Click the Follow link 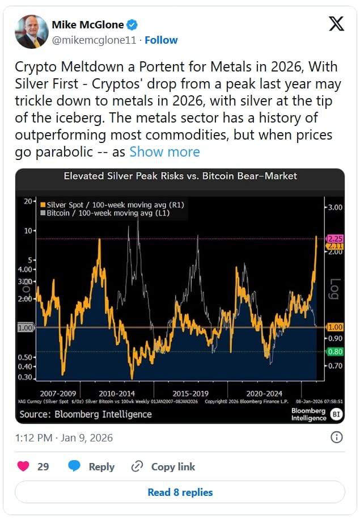point(161,40)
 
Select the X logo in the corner point(336,24)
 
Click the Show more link point(164,152)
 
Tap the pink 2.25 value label point(335,239)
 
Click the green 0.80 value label point(335,352)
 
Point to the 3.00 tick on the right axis point(335,208)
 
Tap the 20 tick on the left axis point(28,201)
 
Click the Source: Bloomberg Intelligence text point(86,414)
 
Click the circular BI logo point(336,414)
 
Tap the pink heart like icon point(23,466)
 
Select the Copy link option point(163,466)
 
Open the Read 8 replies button point(180,492)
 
